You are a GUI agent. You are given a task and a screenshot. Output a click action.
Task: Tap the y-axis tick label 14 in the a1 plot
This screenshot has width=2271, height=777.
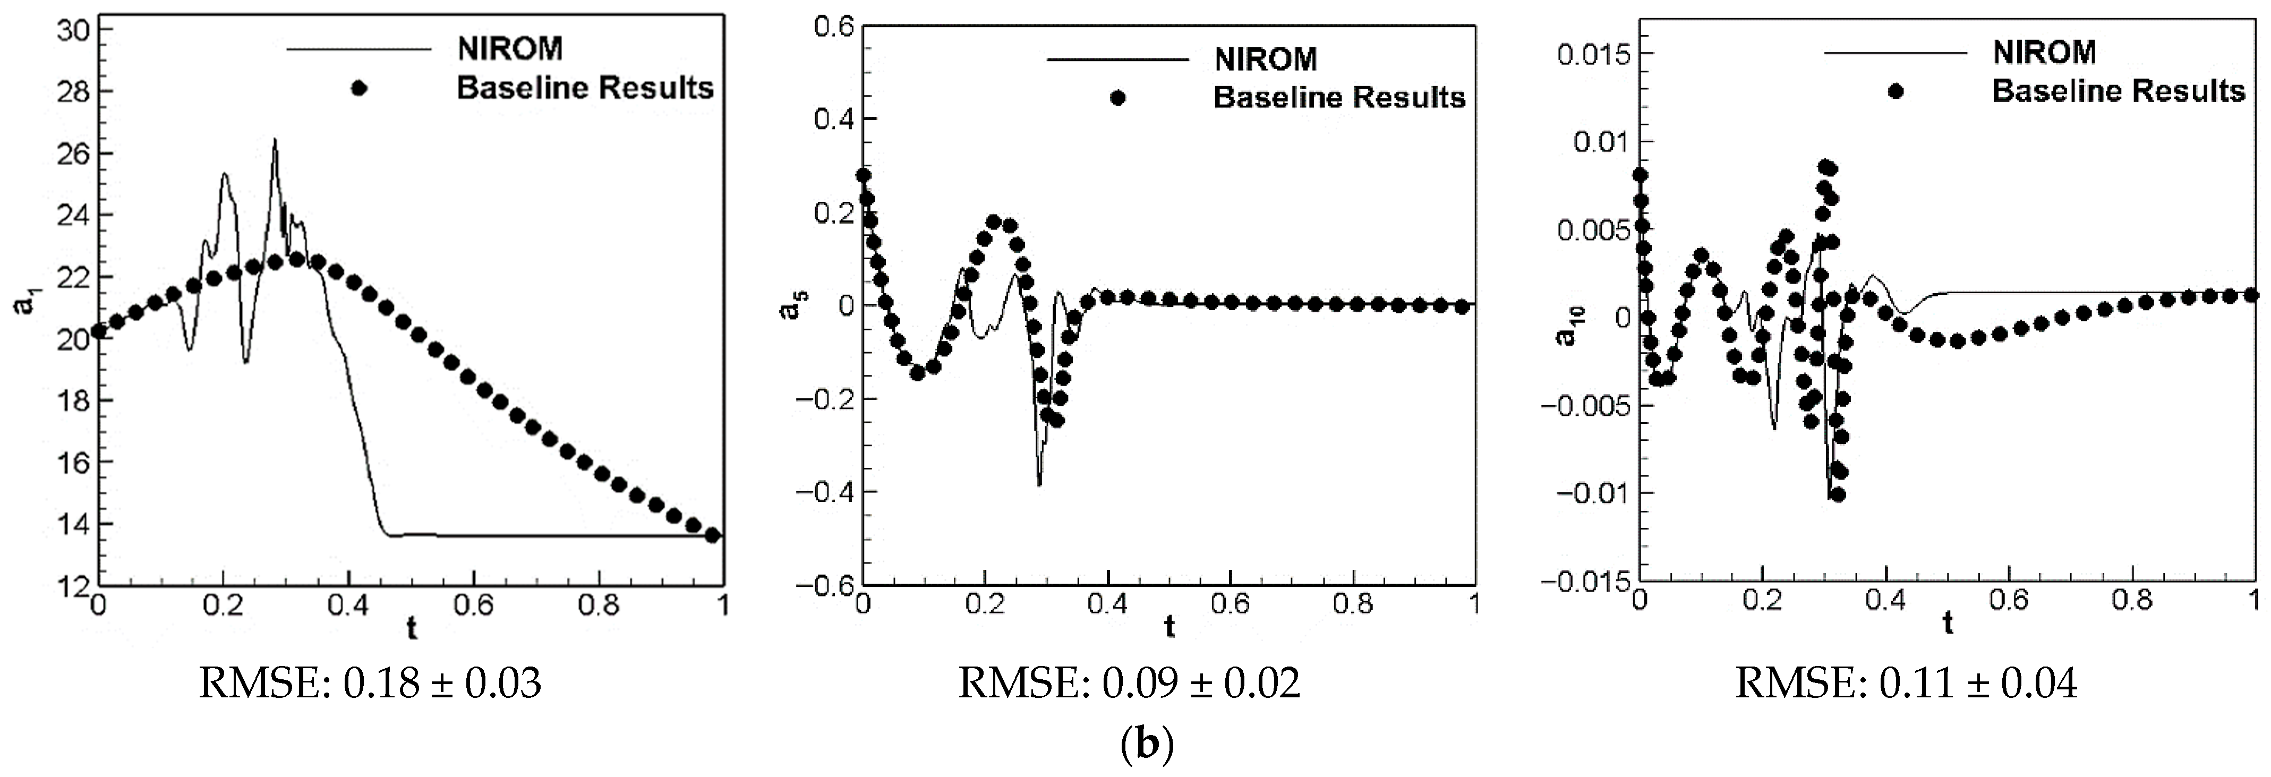tap(72, 524)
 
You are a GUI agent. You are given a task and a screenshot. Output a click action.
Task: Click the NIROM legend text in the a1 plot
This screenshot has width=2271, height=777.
tap(509, 48)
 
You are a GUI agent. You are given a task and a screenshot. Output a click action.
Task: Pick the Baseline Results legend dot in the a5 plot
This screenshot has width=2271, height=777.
tap(1118, 98)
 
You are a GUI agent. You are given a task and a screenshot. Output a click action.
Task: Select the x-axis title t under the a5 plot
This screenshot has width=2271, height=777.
tap(1169, 627)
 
